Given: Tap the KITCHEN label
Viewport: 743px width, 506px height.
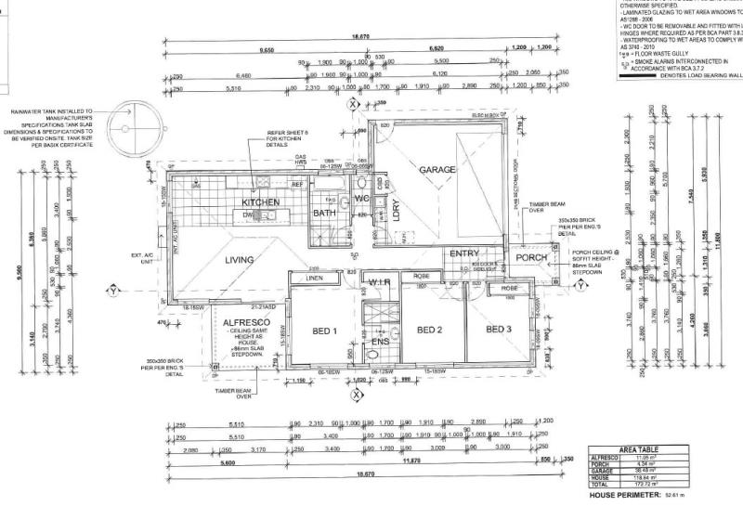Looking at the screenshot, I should tap(261, 201).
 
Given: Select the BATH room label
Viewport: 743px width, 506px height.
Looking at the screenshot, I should tap(324, 213).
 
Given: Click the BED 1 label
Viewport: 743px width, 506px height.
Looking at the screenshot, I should tap(321, 331).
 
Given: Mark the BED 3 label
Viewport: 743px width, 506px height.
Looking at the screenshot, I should tap(499, 330).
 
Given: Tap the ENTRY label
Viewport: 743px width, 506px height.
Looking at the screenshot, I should tap(463, 253).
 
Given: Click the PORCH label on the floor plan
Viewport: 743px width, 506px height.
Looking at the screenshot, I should tap(532, 257).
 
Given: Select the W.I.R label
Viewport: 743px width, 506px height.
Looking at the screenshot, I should tap(378, 283).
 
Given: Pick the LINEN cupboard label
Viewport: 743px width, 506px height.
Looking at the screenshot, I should tap(313, 278).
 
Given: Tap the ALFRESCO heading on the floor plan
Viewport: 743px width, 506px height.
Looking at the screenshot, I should tap(245, 322).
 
